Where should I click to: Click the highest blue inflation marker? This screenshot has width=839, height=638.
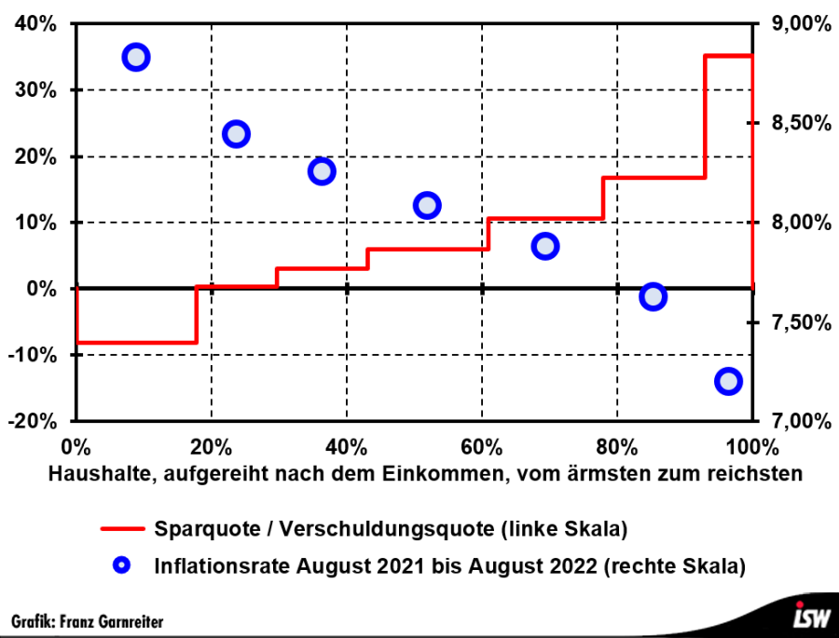[136, 57]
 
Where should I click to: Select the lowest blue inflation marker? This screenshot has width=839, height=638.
[727, 381]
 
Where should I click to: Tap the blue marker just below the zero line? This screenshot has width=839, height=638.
[653, 297]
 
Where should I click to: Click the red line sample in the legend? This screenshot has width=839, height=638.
[121, 529]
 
